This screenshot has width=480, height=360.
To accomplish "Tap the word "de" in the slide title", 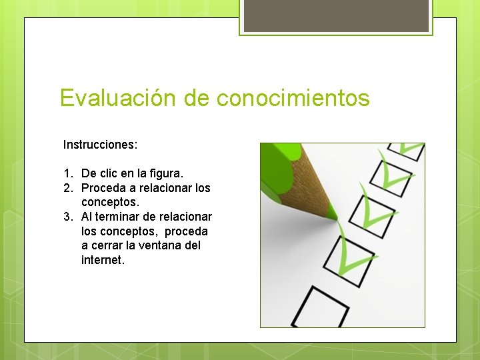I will (197, 99).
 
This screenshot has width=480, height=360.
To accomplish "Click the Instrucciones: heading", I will (100, 144).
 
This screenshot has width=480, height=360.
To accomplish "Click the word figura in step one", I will (167, 173).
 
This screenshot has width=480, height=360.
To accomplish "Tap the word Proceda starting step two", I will (103, 188).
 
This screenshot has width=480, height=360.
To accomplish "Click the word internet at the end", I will (103, 260).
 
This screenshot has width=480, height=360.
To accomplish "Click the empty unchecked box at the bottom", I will (327, 308).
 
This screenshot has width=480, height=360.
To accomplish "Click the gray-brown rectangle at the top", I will (336, 15).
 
